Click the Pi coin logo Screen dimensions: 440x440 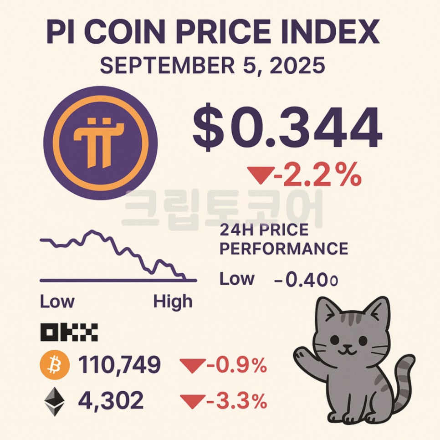tap(101, 143)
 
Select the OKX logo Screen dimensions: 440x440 tap(69, 333)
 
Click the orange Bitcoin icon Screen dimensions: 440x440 tap(55, 364)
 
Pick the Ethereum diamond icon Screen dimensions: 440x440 tap(55, 401)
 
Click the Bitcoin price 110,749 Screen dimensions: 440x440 tap(119, 364)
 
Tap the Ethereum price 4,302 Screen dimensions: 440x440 tap(111, 400)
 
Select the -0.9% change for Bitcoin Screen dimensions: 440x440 tap(235, 364)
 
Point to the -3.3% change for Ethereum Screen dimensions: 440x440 tap(235, 401)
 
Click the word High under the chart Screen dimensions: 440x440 tap(173, 302)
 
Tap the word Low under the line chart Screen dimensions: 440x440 tap(57, 302)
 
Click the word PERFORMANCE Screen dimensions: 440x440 tap(284, 249)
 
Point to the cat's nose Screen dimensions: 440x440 tap(348, 346)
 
